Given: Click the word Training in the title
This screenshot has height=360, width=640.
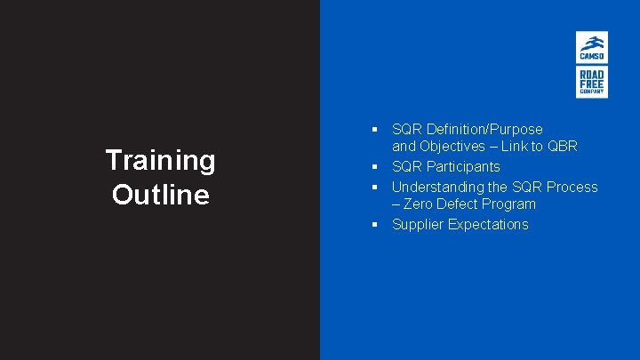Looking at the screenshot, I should pos(160,160).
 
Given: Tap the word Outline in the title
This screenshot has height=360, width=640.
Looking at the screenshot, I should pos(160,194).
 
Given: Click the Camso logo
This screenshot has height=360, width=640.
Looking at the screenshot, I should pos(591,47).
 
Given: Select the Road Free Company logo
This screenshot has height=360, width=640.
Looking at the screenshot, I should pos(591,82).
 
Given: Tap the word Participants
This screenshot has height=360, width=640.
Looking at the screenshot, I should pos(463,167).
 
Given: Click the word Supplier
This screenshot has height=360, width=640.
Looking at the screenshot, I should pos(418,224).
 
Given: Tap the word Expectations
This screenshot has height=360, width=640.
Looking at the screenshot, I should pos(488,224).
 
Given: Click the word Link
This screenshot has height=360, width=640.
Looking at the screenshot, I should pos(516,146).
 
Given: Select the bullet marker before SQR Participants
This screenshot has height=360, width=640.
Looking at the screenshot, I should pos(377,167).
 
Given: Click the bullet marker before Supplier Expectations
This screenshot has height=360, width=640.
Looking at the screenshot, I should pos(377,224).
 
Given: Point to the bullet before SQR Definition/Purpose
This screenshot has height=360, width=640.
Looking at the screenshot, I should pos(377,129).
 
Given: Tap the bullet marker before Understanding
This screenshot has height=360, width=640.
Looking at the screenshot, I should pos(377,187).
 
